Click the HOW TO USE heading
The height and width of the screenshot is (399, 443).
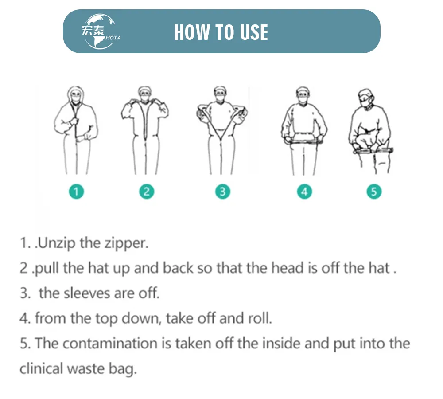(221, 32)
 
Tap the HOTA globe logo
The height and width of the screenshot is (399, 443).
(100, 32)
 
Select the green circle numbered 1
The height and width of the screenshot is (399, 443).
(77, 192)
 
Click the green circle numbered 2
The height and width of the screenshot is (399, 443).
(146, 192)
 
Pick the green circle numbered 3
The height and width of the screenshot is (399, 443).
(222, 192)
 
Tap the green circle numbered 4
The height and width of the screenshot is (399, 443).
(304, 192)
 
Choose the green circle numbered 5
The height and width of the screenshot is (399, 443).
(374, 192)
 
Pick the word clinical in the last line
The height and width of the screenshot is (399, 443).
(40, 368)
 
